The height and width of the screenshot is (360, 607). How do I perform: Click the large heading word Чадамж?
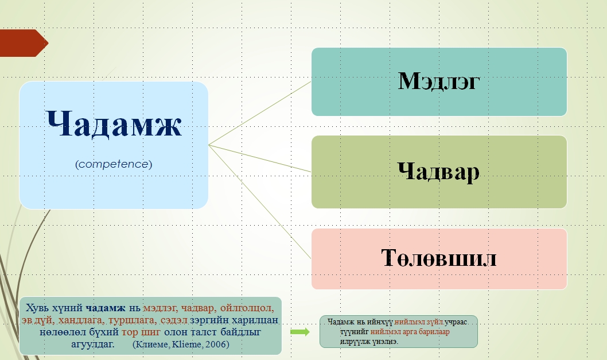[x=114, y=123]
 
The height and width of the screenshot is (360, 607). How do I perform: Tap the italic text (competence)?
[x=114, y=164]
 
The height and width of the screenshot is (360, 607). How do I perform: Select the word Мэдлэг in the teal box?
[x=439, y=81]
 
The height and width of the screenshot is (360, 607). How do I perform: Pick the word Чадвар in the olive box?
[x=438, y=171]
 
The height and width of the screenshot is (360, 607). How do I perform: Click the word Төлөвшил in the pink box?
[x=439, y=257]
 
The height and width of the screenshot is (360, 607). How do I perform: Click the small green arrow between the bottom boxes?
[x=300, y=332]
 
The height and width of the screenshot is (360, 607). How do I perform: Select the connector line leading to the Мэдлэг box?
[x=260, y=113]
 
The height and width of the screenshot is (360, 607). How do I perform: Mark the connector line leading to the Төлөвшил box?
[x=260, y=202]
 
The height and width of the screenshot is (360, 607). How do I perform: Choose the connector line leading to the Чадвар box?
[x=260, y=158]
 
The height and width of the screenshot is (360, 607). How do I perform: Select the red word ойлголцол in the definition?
[x=247, y=308]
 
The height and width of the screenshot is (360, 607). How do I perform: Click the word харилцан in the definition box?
[x=255, y=320]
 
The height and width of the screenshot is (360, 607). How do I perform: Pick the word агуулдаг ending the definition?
[x=93, y=344]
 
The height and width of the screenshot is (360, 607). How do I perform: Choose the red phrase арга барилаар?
[x=423, y=332]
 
